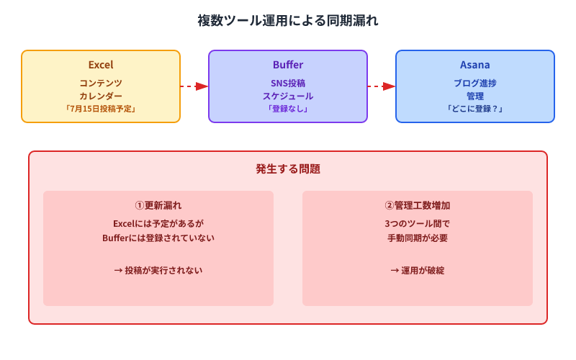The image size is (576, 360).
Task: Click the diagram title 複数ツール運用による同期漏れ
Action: (x=288, y=21)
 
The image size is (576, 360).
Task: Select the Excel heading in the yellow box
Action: (x=101, y=65)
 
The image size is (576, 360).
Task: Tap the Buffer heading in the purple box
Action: (x=288, y=65)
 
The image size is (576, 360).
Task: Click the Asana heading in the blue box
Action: (x=475, y=65)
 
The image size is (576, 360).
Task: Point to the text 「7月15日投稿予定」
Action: (x=101, y=109)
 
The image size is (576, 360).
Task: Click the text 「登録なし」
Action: (x=288, y=109)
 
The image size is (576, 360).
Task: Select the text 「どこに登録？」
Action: (x=475, y=109)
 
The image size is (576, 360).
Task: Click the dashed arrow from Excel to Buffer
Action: (x=194, y=86)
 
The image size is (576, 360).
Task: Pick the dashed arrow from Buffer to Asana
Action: (x=381, y=86)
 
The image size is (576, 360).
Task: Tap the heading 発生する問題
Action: (x=288, y=170)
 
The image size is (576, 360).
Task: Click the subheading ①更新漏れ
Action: (x=158, y=205)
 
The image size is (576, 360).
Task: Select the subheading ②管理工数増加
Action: (x=418, y=205)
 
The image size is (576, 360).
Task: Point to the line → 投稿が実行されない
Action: (x=158, y=271)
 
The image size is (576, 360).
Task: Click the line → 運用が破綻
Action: (x=418, y=271)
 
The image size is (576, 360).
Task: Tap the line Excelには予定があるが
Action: (x=158, y=223)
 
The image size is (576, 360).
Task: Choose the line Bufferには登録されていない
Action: (x=158, y=238)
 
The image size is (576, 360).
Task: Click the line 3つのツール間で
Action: (x=418, y=223)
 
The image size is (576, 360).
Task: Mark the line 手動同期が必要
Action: (x=418, y=238)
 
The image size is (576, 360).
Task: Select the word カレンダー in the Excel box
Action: (x=101, y=96)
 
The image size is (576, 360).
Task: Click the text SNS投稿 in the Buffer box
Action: (x=288, y=83)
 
